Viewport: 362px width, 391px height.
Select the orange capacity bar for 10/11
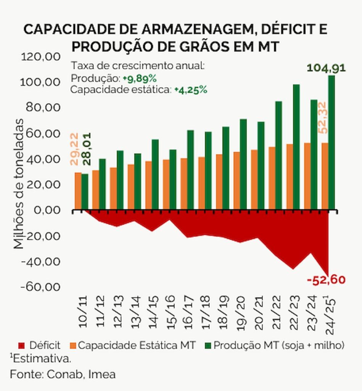point(78,191)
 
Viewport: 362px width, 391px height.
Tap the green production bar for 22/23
point(296,147)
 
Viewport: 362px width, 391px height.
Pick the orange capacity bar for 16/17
point(184,184)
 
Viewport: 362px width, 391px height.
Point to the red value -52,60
point(326,280)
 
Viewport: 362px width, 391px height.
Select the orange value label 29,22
point(74,149)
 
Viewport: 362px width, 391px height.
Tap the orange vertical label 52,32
point(322,118)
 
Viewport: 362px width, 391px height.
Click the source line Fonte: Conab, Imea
point(63,374)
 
